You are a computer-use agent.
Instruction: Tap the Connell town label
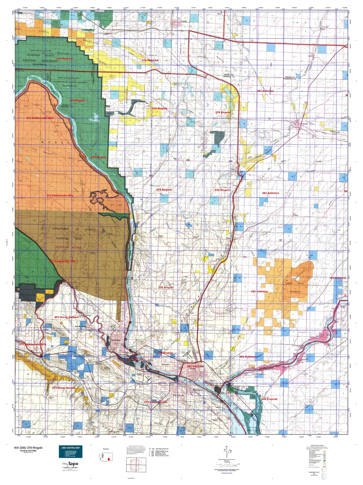(x=304, y=124)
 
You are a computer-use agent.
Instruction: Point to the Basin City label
(x=175, y=159)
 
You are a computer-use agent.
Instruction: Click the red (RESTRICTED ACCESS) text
(x=68, y=247)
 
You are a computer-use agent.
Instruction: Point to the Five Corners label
(x=296, y=215)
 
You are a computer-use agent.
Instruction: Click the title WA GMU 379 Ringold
(x=28, y=448)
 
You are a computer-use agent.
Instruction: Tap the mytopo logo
(x=70, y=464)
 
